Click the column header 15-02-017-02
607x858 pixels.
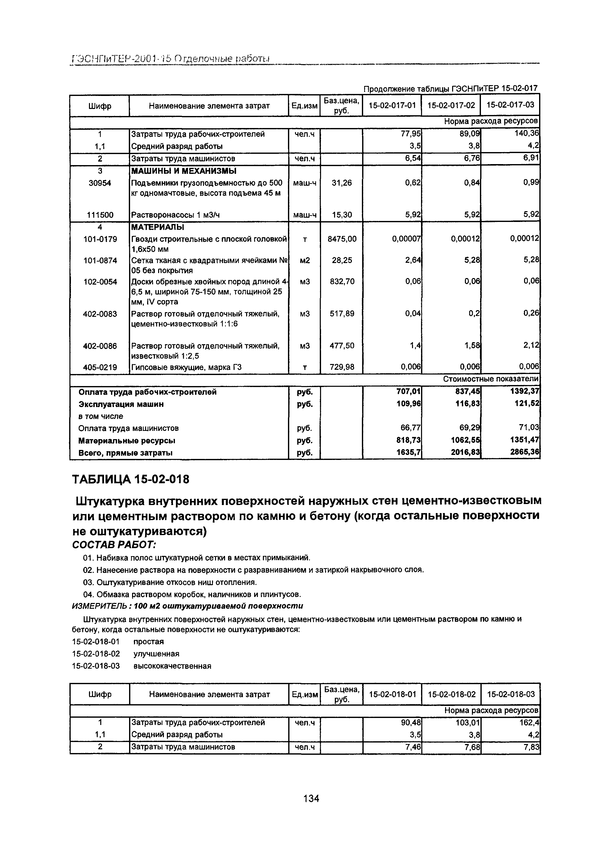451,106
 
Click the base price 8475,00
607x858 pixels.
342,238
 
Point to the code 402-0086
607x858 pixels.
99,346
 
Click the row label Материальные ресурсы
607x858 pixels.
127,441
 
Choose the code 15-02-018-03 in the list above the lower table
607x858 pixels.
96,666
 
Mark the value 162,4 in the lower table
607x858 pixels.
529,722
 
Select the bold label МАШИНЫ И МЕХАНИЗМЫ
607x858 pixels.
183,171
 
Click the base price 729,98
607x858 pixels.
342,367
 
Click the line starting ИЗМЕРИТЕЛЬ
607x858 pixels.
187,606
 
